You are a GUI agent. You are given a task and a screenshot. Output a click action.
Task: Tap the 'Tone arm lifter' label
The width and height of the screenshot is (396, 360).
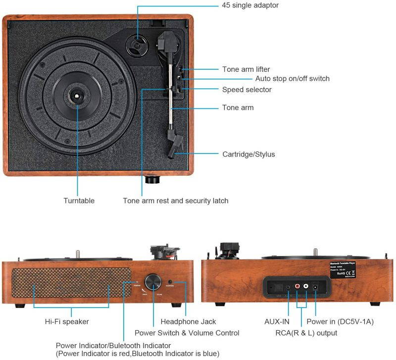[246, 69]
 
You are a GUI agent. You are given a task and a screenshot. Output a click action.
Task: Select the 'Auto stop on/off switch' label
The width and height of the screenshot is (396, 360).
[292, 79]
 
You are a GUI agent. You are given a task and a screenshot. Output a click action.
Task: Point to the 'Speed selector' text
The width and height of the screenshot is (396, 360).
[247, 90]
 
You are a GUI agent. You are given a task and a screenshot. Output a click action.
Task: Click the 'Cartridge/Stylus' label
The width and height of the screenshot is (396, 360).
[248, 154]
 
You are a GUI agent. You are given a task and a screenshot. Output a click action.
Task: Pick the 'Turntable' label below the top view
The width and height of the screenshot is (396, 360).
[79, 201]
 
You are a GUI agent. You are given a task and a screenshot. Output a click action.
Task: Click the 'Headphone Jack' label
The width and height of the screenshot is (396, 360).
[188, 321]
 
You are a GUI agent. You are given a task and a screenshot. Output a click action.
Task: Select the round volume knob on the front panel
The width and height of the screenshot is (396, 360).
[153, 283]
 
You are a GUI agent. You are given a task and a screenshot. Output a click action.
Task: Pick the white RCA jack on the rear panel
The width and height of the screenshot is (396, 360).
[307, 286]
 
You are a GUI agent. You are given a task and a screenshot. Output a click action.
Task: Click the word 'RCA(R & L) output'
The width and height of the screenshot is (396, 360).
[306, 333]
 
